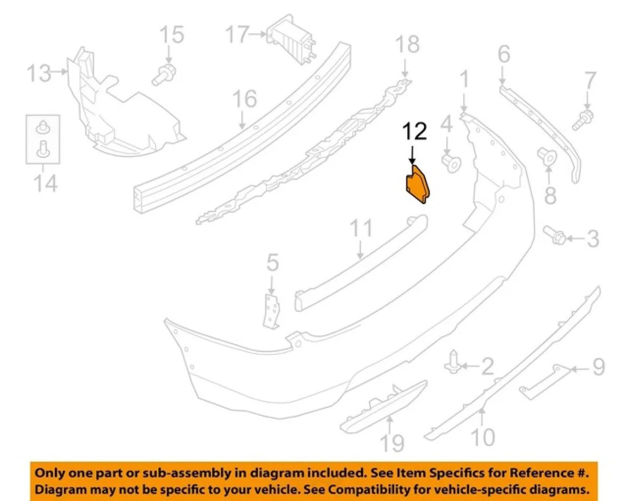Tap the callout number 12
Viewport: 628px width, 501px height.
click(414, 131)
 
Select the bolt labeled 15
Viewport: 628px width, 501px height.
click(164, 75)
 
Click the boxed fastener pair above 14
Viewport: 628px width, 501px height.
click(43, 140)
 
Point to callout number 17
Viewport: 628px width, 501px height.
click(238, 35)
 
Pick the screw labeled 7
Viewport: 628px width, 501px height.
click(583, 120)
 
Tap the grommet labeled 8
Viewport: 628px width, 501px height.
click(547, 156)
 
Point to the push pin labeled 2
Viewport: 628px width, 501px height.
click(452, 362)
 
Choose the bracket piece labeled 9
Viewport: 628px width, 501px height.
click(545, 381)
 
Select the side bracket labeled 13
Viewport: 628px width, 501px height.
click(126, 104)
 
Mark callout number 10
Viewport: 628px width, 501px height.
click(483, 437)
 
